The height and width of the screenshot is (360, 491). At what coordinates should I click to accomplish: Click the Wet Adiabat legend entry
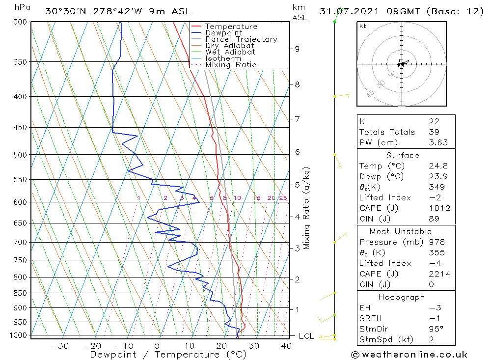coord(230,52)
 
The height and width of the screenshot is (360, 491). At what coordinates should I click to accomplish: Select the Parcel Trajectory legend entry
coord(241,39)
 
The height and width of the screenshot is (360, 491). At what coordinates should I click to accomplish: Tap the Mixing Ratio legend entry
coord(231,65)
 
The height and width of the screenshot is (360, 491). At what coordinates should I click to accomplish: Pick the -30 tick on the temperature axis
coord(60,346)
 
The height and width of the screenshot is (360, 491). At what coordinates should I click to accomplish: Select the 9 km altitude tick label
coord(297,49)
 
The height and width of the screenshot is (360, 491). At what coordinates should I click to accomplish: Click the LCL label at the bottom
coord(306,336)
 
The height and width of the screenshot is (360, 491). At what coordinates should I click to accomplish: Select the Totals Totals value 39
coord(434,132)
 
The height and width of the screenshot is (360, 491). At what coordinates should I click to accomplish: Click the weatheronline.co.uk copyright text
coord(409,355)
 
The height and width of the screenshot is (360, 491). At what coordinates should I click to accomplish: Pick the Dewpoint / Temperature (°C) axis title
coord(161,355)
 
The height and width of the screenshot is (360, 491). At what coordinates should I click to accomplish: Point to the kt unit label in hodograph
coord(362,26)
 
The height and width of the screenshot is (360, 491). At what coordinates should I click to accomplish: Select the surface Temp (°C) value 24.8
coord(438,166)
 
